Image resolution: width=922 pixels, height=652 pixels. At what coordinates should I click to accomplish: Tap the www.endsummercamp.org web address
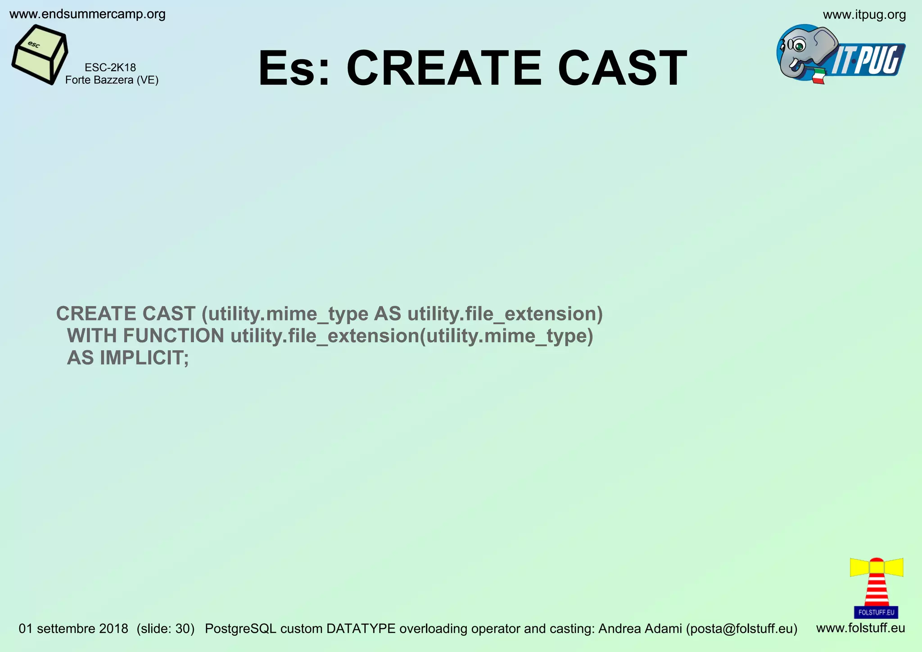87,14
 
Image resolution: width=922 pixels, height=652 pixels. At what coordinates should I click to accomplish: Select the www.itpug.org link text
864,15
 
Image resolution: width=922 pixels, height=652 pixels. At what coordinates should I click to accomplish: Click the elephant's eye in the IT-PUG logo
799,45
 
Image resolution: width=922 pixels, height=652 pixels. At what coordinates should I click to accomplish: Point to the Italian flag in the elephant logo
818,76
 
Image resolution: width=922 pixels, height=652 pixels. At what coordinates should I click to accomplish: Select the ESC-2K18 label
110,68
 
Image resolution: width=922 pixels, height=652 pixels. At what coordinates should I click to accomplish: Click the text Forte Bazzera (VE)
112,80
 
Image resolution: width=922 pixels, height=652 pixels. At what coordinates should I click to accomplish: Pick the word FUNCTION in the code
173,336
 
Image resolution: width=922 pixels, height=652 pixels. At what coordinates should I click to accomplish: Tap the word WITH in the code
92,336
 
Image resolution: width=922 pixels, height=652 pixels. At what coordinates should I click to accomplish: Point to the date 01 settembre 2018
73,629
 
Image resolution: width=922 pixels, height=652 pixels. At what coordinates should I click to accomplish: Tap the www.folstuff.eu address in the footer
860,628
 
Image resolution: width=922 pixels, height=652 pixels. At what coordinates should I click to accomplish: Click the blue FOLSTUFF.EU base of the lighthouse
876,612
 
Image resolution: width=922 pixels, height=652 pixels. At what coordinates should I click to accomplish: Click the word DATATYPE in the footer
361,629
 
